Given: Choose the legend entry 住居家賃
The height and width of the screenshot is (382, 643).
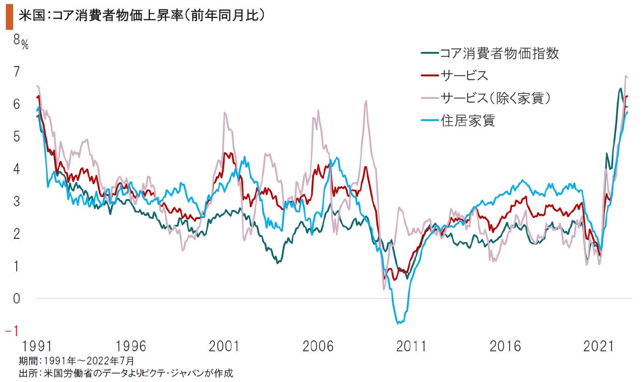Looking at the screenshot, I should point(468,121).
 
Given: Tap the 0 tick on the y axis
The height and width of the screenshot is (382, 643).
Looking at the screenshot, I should point(17,298).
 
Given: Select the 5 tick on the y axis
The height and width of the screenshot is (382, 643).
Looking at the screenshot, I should point(17,136).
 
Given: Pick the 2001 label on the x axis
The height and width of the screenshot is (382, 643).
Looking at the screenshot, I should point(224,347).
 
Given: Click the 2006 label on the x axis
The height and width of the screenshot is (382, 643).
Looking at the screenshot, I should point(317,347).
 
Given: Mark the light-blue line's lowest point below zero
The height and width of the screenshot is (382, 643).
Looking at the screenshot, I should point(399,323).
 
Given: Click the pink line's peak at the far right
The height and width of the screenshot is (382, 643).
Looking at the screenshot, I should point(626,76).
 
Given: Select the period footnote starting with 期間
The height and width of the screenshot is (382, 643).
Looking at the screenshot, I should point(76,361).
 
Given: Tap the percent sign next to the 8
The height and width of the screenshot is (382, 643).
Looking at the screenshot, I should point(25,44).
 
